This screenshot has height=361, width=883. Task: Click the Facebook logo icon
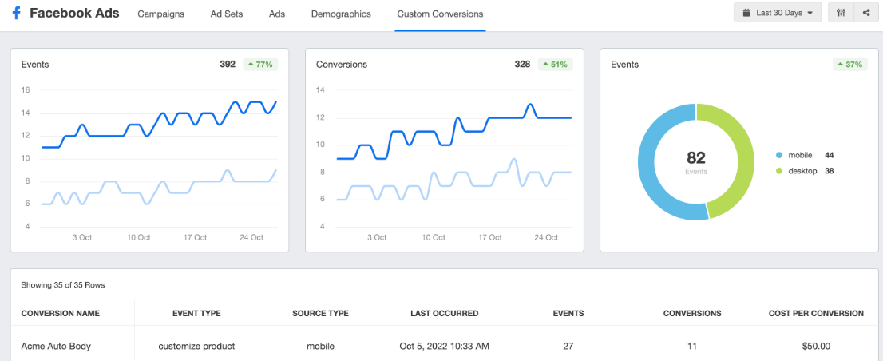(16, 14)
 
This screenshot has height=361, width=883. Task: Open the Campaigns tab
(160, 14)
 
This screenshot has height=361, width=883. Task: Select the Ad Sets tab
(227, 14)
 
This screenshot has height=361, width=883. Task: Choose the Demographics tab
(341, 14)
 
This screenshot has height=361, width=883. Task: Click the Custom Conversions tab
(440, 14)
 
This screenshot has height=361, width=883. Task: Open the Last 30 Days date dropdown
(777, 13)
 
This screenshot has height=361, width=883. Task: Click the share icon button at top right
(866, 13)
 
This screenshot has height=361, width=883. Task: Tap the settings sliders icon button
(841, 13)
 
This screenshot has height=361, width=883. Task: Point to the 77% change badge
(261, 64)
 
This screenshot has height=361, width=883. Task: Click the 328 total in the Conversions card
(522, 64)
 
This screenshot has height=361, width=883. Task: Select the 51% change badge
(556, 64)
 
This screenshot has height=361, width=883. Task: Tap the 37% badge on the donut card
(850, 64)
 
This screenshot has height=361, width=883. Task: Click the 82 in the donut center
(695, 157)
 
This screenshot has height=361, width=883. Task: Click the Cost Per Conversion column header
(816, 313)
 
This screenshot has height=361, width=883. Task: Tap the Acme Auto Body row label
(56, 346)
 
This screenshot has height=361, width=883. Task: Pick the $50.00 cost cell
(816, 346)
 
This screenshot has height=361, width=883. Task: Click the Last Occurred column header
(444, 313)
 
